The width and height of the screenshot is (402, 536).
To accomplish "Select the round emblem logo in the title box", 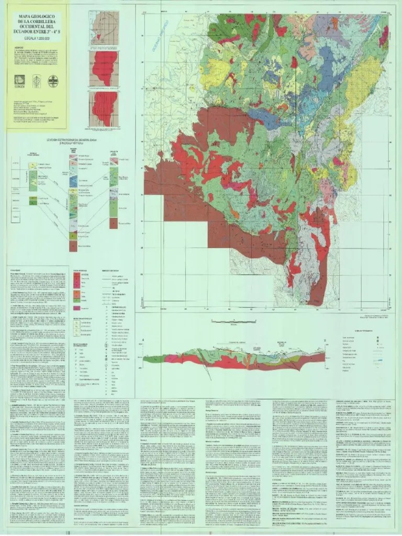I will (x=53, y=81).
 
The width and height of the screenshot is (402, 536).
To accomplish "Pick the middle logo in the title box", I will (x=37, y=81).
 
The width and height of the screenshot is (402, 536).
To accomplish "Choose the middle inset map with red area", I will (x=104, y=69).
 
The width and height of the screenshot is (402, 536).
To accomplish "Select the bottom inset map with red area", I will (x=104, y=109).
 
